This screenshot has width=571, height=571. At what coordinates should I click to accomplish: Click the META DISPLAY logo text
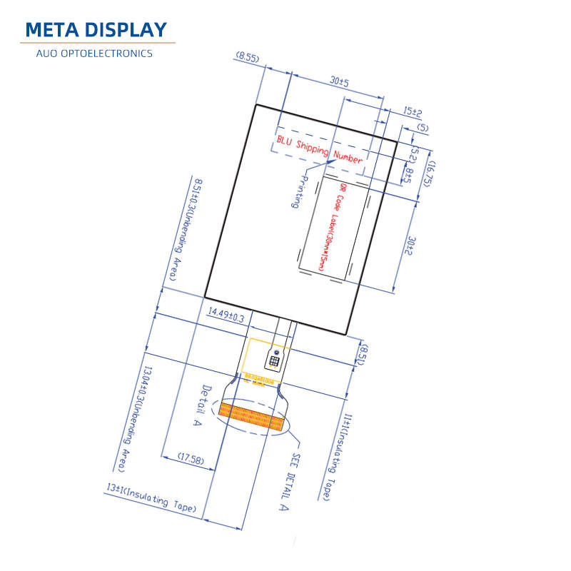point(96,29)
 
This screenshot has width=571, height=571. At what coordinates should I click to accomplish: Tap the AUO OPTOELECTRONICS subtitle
point(96,54)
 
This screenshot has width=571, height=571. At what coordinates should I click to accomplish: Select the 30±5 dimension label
point(339,82)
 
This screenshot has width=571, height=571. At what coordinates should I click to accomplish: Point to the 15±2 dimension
point(413,112)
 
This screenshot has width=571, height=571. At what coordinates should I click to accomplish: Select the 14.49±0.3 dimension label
point(226,315)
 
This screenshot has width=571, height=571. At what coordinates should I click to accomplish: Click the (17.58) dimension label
point(188,460)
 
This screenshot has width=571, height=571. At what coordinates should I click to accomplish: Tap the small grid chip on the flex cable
point(274,360)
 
